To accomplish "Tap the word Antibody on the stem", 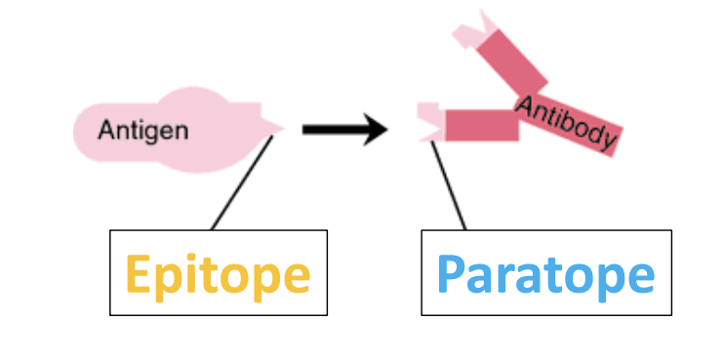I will point(567,123).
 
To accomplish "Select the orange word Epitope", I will point(218,275).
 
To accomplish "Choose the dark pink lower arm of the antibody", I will point(480,125).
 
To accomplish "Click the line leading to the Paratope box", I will point(449,185).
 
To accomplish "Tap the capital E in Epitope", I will point(141,274).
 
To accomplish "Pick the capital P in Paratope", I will point(451,274).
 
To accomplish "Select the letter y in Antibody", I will point(607,142).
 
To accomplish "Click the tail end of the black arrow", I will point(305,128).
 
